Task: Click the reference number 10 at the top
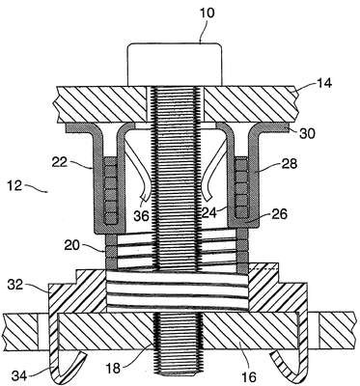click(x=208, y=14)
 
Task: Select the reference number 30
click(x=307, y=134)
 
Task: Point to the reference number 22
click(x=60, y=162)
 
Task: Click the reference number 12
click(x=14, y=186)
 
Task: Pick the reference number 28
click(x=289, y=164)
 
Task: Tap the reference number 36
click(x=142, y=216)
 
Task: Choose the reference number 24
click(x=209, y=212)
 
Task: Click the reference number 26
click(x=279, y=214)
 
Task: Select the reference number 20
click(x=72, y=245)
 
